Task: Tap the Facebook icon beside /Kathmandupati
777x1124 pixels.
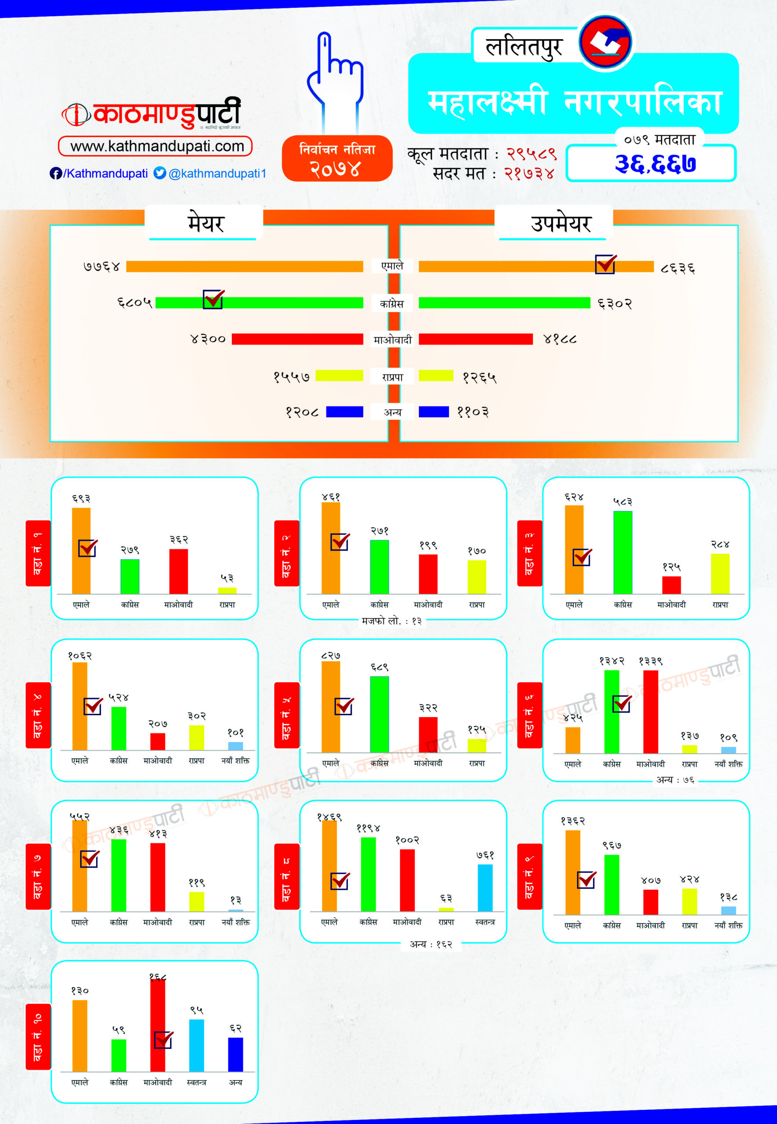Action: click(55, 173)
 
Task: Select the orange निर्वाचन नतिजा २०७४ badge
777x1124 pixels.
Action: click(337, 159)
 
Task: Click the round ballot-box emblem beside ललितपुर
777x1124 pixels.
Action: click(606, 42)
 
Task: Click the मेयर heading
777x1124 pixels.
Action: click(206, 223)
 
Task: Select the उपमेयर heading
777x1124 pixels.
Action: click(560, 223)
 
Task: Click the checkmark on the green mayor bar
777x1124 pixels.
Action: click(213, 299)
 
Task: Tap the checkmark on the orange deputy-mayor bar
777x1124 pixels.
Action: click(606, 264)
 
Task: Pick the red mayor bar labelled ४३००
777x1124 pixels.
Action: click(297, 339)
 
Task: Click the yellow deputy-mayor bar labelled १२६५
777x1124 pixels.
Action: click(436, 376)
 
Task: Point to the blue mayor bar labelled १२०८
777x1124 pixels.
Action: click(344, 412)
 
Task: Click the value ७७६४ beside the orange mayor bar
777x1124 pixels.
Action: click(101, 267)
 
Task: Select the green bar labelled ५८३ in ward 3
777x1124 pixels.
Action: click(623, 552)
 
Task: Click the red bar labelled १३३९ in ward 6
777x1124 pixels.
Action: click(651, 711)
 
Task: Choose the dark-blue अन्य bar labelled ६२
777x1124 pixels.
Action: click(235, 1055)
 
